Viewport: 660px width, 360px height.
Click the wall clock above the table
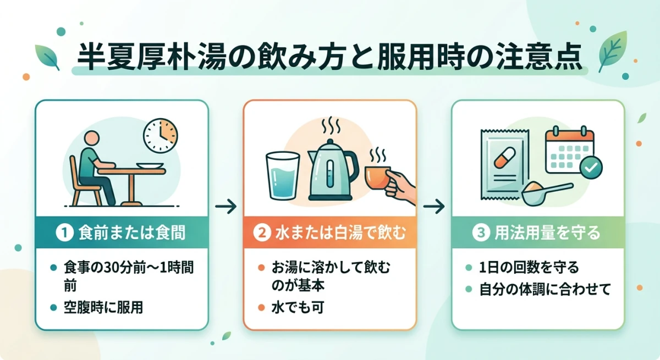coord(160,136)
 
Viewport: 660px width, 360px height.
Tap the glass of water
coord(282,175)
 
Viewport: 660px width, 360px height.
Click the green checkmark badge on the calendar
coord(591,167)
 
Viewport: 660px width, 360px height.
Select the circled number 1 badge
coord(64,233)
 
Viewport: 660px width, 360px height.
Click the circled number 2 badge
coord(261,233)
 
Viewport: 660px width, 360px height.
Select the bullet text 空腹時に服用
coord(103,308)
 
